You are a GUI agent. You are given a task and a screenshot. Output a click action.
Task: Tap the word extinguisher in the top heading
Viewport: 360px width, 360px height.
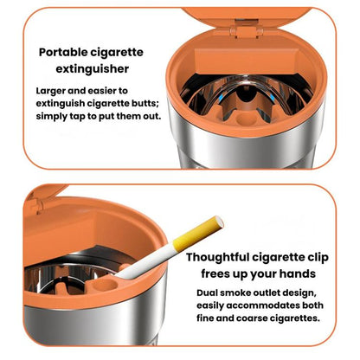tap(93, 69)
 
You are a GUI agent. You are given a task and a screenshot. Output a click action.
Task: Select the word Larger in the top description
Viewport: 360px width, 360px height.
tap(50, 91)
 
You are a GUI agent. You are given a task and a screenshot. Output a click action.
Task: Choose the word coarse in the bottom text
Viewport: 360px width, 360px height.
tap(252, 318)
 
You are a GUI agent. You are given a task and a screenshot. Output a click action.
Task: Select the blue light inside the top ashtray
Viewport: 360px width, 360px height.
tap(221, 98)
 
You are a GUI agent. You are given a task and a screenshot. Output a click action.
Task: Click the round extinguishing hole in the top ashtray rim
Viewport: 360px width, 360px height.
tap(243, 119)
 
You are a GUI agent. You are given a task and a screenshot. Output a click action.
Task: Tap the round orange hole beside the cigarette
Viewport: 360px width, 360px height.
tap(105, 285)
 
